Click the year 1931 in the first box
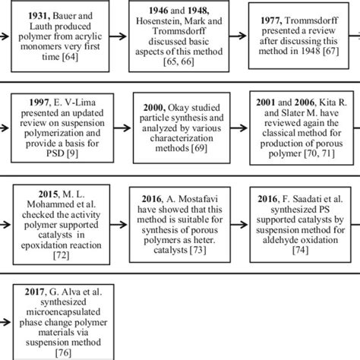tap(36, 14)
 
